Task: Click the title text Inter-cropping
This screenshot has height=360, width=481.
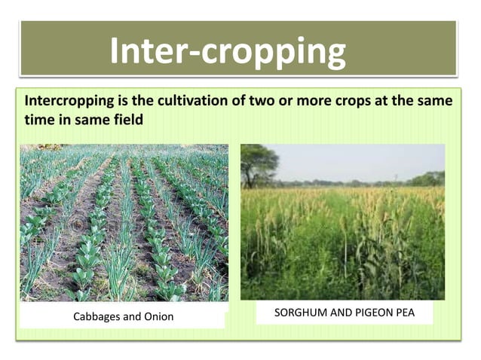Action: coord(228,51)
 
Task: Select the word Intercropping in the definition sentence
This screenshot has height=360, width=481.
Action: coord(63,100)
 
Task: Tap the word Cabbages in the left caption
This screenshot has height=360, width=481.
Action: coord(96,316)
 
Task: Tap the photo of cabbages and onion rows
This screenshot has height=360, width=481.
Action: coord(124,222)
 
